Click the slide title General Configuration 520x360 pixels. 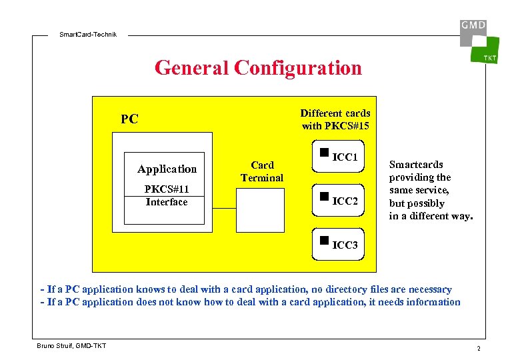(x=258, y=68)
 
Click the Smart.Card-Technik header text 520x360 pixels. (x=88, y=34)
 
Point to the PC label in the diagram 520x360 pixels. (x=129, y=119)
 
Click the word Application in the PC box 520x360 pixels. (x=167, y=169)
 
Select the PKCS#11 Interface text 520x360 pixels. (x=167, y=195)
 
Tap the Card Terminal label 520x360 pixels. (x=262, y=171)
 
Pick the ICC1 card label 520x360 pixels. (x=345, y=158)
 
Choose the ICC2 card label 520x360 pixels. (x=345, y=201)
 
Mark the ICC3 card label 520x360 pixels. (x=345, y=245)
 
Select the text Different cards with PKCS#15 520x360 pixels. (x=335, y=119)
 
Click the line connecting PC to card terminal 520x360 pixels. (x=225, y=209)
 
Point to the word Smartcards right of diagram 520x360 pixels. (x=416, y=165)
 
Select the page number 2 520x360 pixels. (x=478, y=349)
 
